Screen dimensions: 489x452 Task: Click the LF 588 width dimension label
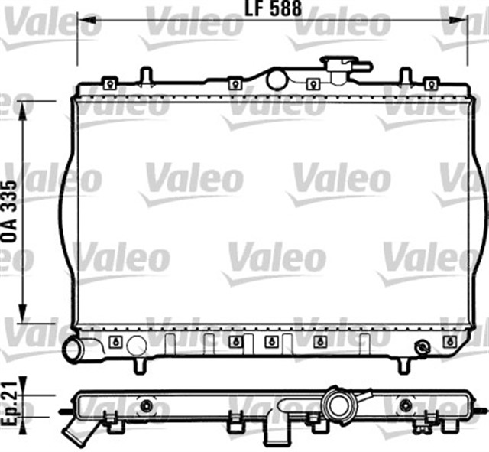click(273, 8)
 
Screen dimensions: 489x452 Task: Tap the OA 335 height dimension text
click(9, 211)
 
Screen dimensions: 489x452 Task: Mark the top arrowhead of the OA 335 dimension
click(22, 110)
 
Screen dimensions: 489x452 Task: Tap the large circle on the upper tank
click(276, 80)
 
